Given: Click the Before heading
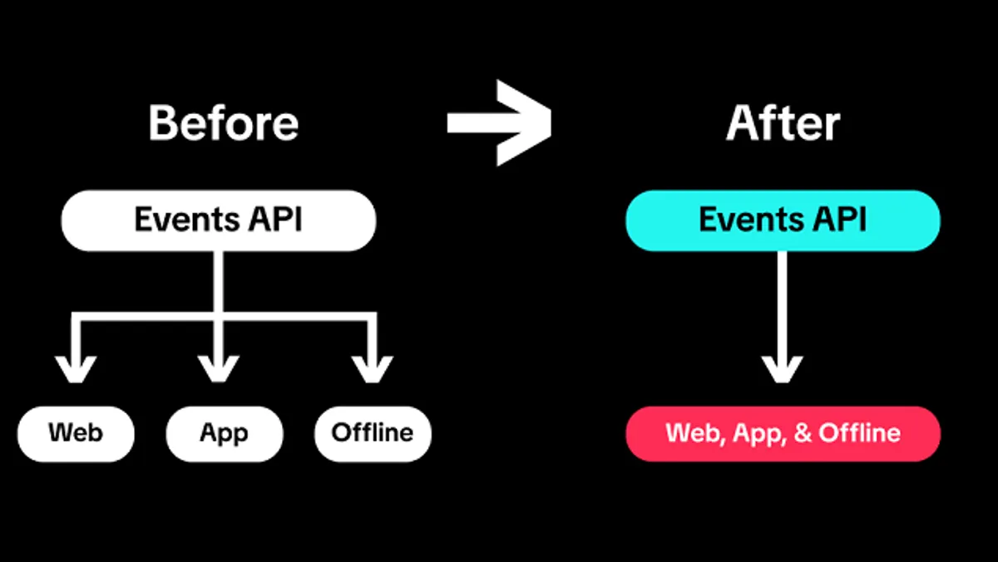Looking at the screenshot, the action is tap(223, 123).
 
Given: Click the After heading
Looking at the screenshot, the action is tap(783, 123).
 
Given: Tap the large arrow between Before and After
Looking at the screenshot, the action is tap(500, 122).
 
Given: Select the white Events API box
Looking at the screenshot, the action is tap(219, 221).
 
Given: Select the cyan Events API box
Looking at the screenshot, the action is tap(783, 221).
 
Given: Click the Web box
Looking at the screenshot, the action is tap(76, 434).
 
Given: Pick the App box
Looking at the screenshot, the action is tap(224, 434).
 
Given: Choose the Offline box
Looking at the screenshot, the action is tap(373, 434).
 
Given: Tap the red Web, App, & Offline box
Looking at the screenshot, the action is tap(783, 434).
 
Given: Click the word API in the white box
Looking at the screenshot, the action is tap(275, 220).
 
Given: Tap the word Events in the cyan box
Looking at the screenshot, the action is tap(751, 220).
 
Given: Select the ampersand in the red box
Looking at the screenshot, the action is tap(803, 433).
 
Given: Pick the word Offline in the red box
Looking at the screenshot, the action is tap(859, 433).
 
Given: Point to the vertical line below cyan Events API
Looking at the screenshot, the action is tap(782, 308).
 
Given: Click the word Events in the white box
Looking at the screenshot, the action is tap(186, 220).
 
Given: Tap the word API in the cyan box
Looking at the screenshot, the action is tap(839, 220).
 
